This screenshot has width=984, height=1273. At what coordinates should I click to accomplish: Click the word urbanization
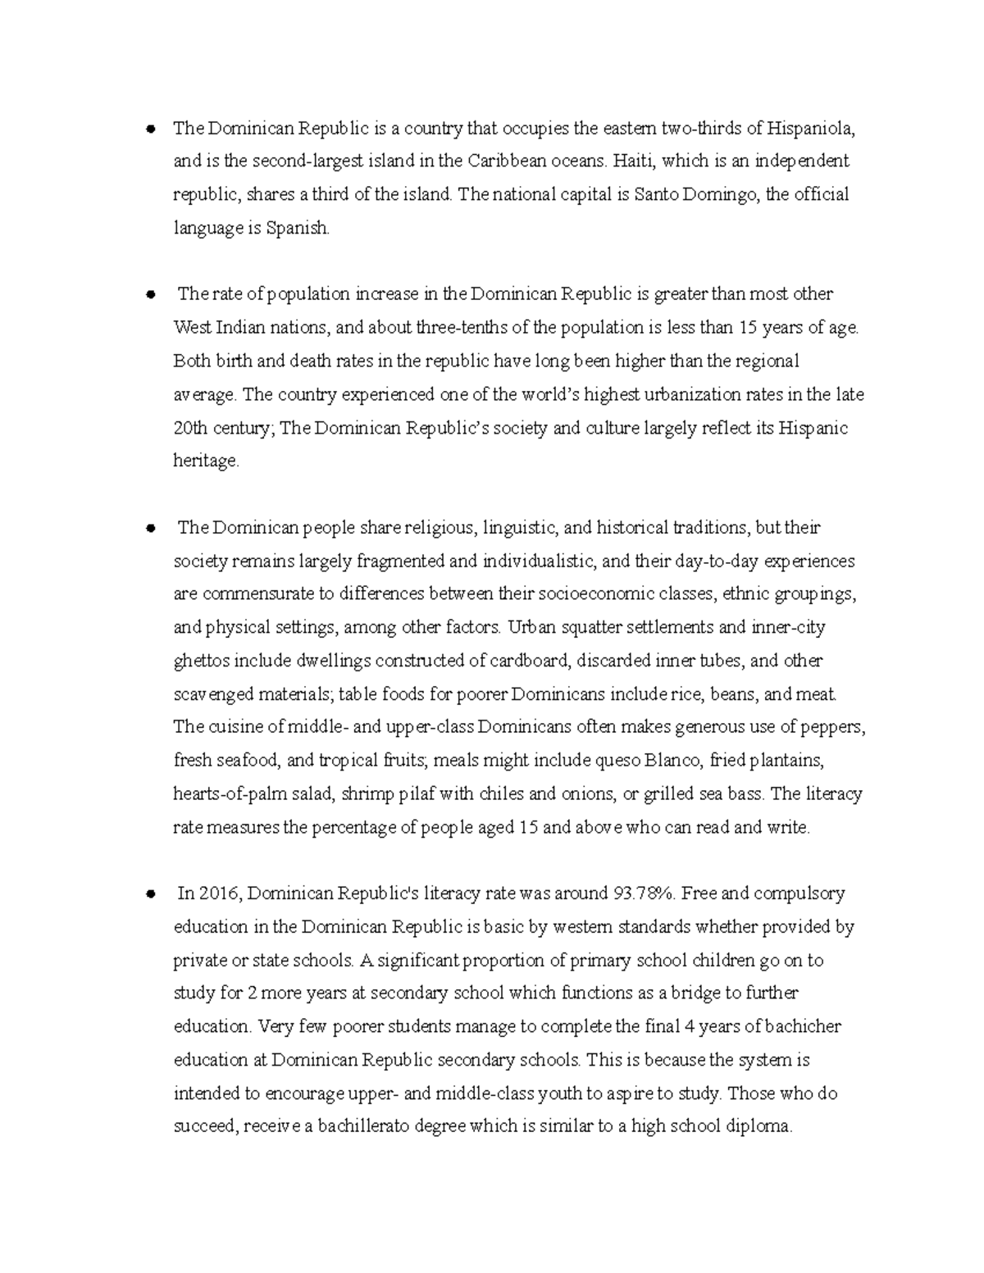717,394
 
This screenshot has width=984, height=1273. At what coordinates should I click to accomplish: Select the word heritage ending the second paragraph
206,461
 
